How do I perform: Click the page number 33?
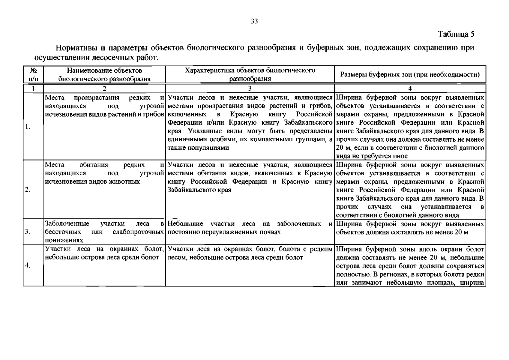[254, 21]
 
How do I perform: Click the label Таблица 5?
[456, 34]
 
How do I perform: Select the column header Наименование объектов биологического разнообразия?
[104, 75]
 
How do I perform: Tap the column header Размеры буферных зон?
[410, 74]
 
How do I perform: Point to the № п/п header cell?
[33, 75]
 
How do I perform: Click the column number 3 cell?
[250, 88]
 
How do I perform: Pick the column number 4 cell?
[410, 88]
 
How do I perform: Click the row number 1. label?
[28, 127]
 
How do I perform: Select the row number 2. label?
[28, 190]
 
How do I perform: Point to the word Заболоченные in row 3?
[67, 224]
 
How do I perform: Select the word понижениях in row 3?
[64, 240]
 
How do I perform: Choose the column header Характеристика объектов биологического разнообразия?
[250, 75]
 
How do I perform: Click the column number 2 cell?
[104, 88]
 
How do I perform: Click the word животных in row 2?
[125, 181]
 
